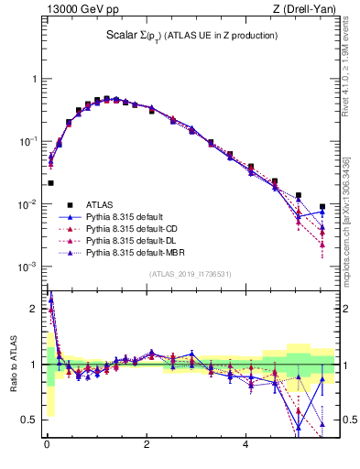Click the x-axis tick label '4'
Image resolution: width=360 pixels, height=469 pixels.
click(245, 446)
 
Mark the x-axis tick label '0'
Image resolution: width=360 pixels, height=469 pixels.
click(47, 446)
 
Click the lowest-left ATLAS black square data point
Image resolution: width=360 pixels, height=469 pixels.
click(50, 183)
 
